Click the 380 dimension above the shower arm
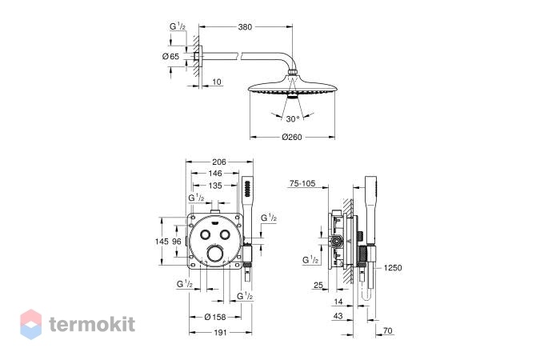coord(245,27)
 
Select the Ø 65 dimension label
coord(170,56)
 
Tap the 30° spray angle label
coord(293,119)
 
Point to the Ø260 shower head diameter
coord(292,137)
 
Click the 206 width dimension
coord(219,162)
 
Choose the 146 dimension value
coord(215,174)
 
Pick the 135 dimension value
coord(215,186)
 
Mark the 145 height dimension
coord(162,242)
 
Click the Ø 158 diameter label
coord(215,317)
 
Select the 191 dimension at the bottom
coord(221,333)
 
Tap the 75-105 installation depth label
coord(302,184)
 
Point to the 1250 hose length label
coord(393,268)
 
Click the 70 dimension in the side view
coord(388,330)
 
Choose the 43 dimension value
coord(338,316)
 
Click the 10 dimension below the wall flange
coord(217,82)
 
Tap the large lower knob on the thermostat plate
coord(215,254)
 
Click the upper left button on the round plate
coord(206,234)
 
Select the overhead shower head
coord(292,85)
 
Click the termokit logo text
coord(92,324)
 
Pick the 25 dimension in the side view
coord(318,285)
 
